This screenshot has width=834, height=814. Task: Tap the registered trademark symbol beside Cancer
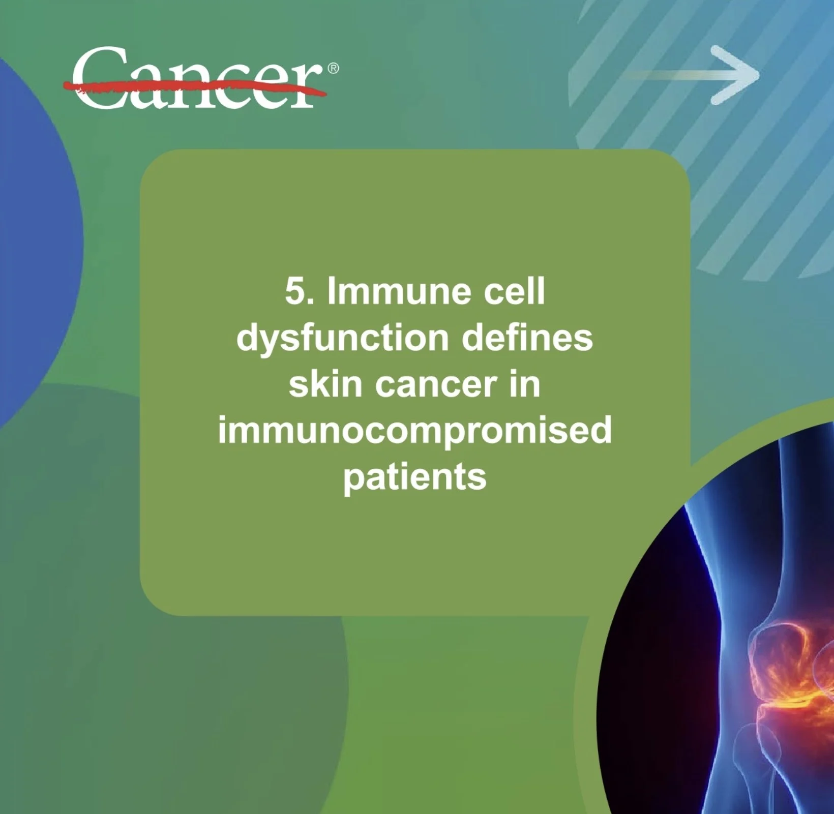[x=333, y=68]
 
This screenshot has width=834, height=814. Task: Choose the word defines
[x=527, y=338]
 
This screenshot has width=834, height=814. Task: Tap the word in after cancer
[x=524, y=384]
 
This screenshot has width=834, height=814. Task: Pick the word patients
[x=415, y=478]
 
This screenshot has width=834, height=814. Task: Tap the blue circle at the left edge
[x=36, y=244]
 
